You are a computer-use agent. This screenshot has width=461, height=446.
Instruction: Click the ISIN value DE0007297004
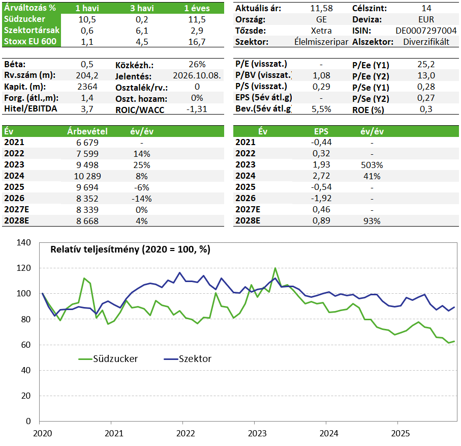click(x=426, y=31)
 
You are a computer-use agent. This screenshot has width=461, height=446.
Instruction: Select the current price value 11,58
click(x=321, y=8)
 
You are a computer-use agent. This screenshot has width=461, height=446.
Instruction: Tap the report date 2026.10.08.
click(x=197, y=76)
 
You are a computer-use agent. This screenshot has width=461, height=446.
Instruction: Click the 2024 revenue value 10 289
click(x=87, y=176)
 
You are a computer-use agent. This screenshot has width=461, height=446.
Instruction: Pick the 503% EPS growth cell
click(x=372, y=165)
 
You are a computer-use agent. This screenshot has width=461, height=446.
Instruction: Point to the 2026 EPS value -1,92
click(x=321, y=198)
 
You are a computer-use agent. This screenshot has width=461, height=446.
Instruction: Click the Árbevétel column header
click(x=87, y=131)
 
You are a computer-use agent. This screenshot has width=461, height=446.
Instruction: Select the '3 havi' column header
click(x=142, y=8)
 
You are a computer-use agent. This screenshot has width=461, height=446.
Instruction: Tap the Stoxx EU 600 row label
click(x=30, y=42)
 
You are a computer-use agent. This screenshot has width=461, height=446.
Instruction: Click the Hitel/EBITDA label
click(x=30, y=109)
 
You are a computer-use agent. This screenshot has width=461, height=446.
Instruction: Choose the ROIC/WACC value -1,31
click(x=197, y=109)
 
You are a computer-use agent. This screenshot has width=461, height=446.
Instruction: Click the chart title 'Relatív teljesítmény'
click(x=95, y=249)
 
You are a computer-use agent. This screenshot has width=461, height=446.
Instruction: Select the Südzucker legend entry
click(x=108, y=359)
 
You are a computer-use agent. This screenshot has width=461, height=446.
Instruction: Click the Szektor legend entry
click(x=188, y=359)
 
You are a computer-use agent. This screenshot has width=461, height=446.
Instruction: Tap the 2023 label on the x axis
click(x=257, y=433)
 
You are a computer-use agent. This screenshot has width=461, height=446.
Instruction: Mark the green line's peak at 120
click(x=275, y=268)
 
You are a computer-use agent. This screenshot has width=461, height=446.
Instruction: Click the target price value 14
click(x=426, y=8)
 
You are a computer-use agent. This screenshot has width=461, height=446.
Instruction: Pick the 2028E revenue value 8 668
click(x=87, y=221)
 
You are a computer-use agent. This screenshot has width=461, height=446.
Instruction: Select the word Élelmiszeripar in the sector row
click(x=321, y=42)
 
